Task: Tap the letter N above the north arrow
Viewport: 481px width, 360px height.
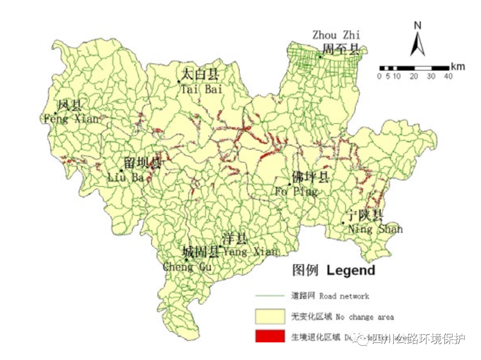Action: click(417, 25)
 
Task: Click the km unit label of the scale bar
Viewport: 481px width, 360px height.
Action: click(458, 67)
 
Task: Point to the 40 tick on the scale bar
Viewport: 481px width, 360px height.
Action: click(448, 76)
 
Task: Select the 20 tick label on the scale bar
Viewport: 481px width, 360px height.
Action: click(414, 76)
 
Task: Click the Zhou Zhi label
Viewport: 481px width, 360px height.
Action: click(336, 35)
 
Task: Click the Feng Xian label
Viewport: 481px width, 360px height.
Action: click(71, 119)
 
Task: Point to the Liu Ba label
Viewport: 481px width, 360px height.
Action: click(126, 177)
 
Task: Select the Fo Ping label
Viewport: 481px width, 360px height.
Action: click(296, 192)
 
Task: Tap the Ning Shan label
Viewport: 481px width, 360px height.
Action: click(375, 229)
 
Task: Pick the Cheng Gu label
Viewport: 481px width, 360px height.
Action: click(187, 267)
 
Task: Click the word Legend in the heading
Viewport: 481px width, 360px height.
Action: click(351, 270)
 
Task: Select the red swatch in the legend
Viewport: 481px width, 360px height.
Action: click(270, 336)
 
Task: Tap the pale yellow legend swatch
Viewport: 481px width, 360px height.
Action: click(270, 316)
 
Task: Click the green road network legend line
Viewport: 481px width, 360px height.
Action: click(270, 295)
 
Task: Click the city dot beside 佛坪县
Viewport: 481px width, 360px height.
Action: click(289, 184)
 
